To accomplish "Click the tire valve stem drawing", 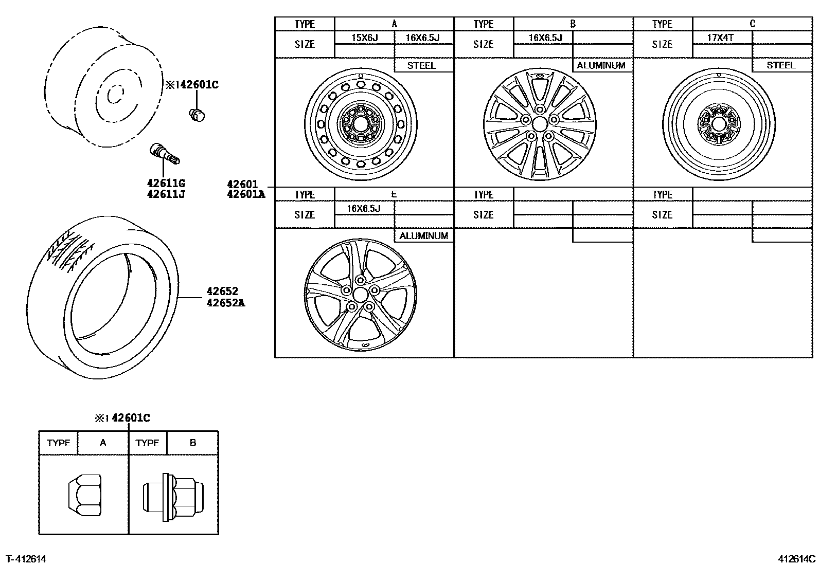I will [164, 154].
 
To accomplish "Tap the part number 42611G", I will [166, 183].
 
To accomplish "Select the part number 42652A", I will [225, 303].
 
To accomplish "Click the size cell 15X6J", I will [364, 38].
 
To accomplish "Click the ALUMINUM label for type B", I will [601, 65].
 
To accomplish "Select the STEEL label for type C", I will [780, 65].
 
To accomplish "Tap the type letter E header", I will [394, 194].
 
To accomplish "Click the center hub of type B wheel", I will [539, 124].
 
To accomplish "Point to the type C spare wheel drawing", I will [719, 124].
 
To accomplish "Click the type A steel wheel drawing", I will [361, 124].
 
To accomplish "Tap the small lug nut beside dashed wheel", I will [197, 115].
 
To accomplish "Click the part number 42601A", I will [246, 194].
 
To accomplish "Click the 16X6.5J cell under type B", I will [545, 38].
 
